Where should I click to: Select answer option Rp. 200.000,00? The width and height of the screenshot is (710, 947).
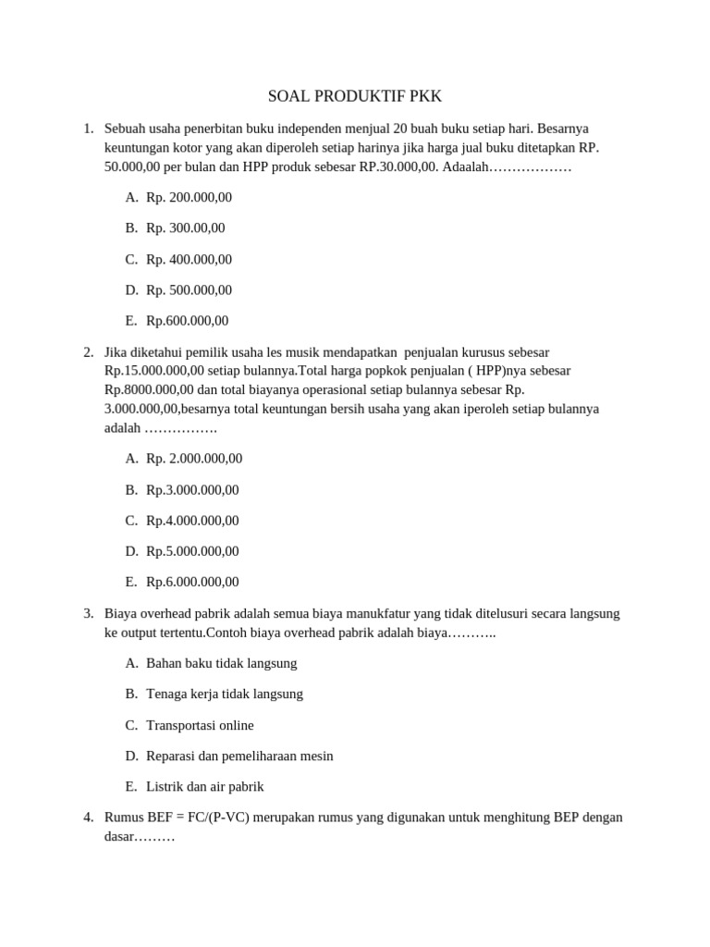tap(189, 197)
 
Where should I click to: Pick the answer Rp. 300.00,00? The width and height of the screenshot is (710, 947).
tap(185, 228)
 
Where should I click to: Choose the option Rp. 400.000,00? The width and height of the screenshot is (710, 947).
tap(189, 259)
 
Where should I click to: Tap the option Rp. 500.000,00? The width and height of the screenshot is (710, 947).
tap(189, 289)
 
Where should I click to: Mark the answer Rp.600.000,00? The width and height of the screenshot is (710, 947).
tap(187, 321)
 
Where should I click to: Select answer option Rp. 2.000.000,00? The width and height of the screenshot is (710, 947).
tap(194, 458)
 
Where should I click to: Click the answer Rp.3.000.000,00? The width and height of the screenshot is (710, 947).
tap(192, 489)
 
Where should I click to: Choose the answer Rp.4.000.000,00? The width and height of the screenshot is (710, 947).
tap(192, 520)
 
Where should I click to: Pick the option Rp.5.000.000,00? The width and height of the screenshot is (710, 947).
tap(192, 550)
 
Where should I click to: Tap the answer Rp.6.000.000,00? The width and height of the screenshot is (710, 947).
tap(192, 582)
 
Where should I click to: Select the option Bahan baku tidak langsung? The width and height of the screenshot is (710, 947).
tap(222, 663)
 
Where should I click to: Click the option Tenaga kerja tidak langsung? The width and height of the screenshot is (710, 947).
tap(225, 694)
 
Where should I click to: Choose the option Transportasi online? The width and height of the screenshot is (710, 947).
tap(200, 725)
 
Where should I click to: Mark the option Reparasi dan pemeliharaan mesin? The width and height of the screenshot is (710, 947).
tap(239, 756)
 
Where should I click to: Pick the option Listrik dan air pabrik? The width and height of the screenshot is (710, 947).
tap(205, 786)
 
